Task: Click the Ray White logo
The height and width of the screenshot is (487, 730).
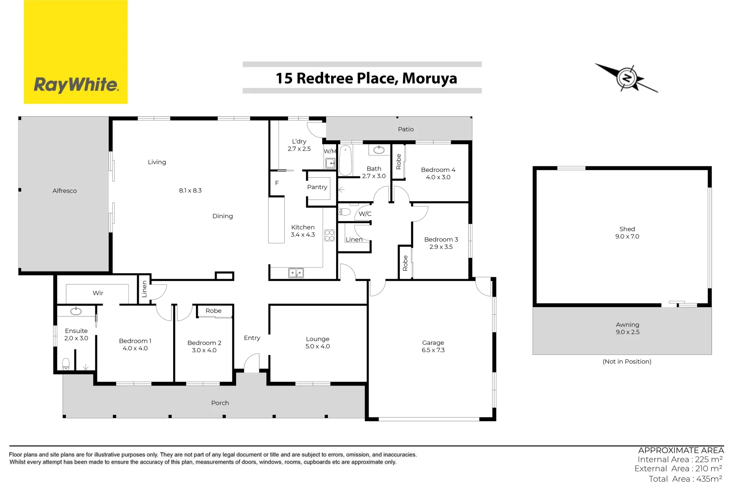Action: tap(76, 52)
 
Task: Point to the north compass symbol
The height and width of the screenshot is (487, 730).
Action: tap(626, 78)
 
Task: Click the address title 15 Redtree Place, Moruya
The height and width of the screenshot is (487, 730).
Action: tap(366, 78)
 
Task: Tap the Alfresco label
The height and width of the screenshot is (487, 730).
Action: tap(64, 191)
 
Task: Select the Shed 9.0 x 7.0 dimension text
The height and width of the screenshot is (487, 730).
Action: tap(627, 236)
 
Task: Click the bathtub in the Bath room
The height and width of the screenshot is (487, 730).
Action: tap(345, 160)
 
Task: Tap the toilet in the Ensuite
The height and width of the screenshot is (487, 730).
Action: tap(66, 363)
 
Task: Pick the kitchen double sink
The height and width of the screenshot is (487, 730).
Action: tap(296, 273)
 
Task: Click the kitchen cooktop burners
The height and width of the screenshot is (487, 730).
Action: tap(329, 235)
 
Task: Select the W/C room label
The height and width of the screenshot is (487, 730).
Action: tap(365, 214)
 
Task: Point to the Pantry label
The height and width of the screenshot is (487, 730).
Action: tap(317, 187)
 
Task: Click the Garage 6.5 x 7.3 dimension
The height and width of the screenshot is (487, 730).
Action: tap(433, 350)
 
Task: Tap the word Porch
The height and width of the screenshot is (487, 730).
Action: tap(220, 403)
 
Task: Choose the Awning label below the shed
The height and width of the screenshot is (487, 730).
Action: tap(627, 325)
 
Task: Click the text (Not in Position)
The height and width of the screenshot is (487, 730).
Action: tap(627, 362)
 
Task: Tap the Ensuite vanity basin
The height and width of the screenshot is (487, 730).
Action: tap(76, 311)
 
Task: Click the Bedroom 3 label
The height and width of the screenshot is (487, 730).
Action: tap(441, 239)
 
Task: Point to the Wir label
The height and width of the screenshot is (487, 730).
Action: tap(98, 293)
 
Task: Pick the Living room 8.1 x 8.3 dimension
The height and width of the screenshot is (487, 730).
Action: tap(190, 191)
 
